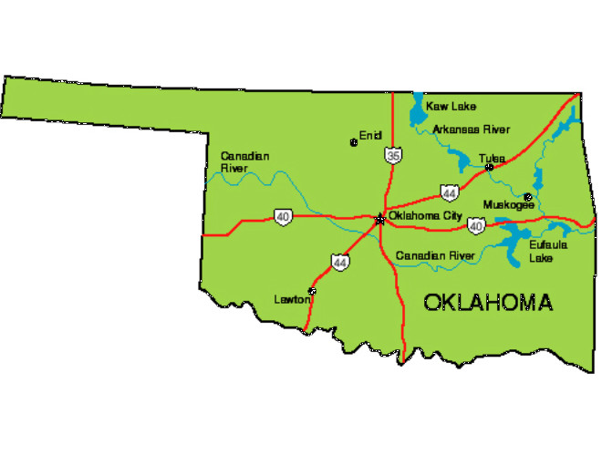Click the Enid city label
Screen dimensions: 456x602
(369, 136)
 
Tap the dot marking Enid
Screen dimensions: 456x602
(354, 142)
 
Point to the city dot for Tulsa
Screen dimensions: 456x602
(489, 167)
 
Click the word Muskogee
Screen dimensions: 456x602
(508, 204)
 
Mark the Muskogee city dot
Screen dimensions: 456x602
(528, 196)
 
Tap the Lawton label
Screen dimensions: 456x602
(291, 299)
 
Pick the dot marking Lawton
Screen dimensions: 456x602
(312, 292)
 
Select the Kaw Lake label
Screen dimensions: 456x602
(451, 107)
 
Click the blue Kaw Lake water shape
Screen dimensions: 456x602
(419, 112)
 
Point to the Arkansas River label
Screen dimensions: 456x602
(472, 129)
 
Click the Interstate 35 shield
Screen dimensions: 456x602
(392, 156)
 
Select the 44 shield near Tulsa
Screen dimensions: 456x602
(449, 192)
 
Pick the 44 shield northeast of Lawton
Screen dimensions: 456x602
(340, 262)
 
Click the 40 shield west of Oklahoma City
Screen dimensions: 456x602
(282, 217)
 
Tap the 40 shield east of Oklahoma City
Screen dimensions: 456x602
(475, 224)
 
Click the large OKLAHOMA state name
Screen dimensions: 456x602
(488, 303)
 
